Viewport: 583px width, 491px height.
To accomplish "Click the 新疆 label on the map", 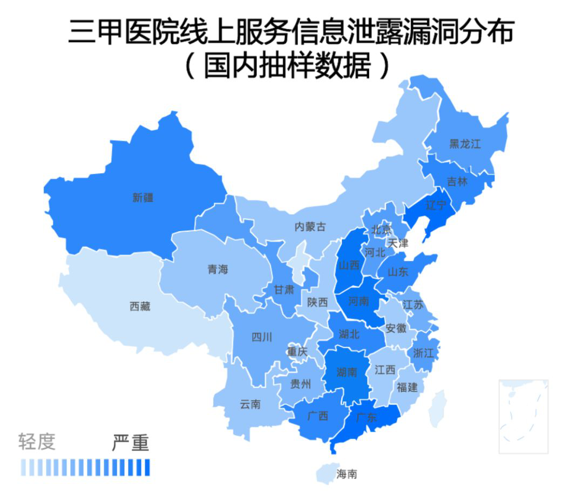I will point(143,198).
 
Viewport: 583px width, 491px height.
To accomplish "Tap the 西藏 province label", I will point(140,306).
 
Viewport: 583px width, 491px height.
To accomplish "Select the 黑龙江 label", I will point(465,144).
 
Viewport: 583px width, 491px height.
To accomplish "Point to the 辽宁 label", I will point(436,205).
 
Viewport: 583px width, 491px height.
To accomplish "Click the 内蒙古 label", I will point(310,227).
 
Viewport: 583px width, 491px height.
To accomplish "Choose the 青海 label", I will point(218,269).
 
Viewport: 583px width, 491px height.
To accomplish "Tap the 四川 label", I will point(262,338).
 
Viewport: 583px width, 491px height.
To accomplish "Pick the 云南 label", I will point(250,403).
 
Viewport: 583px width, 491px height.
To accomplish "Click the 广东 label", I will point(367,418).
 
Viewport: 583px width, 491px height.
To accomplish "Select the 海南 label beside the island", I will point(347,474).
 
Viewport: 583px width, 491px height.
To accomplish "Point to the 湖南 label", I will point(346,372).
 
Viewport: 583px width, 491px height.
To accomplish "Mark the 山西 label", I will point(349,265).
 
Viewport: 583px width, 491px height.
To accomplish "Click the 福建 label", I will point(407,387).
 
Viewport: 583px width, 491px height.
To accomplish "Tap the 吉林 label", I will point(458,181).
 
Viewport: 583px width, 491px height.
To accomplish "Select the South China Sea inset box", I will point(523,416).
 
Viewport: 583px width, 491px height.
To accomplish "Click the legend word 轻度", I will point(37,442).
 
